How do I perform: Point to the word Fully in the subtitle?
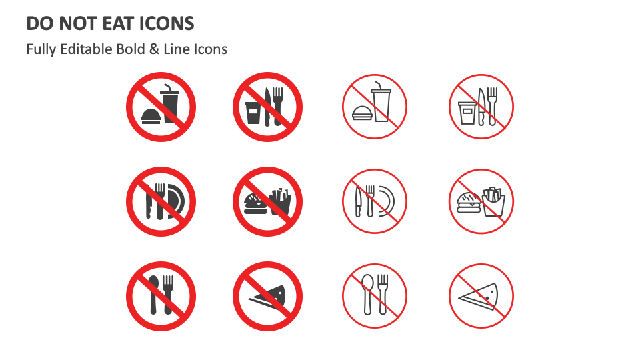(41, 49)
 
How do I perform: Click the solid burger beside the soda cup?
(151, 115)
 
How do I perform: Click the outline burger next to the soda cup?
(361, 113)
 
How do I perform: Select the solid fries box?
(281, 202)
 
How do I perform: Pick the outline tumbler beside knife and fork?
(466, 113)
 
